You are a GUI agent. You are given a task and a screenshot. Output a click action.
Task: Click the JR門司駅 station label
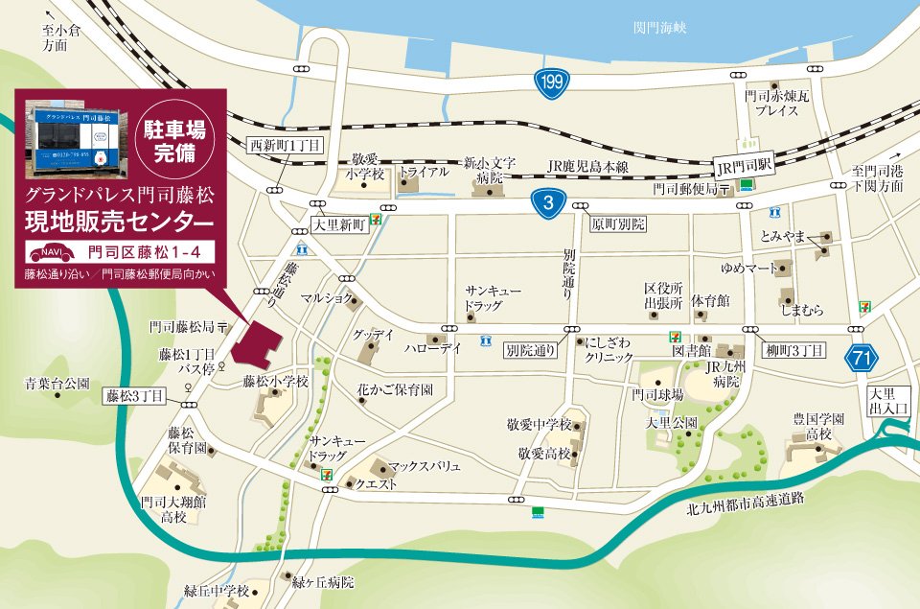(x=743, y=166)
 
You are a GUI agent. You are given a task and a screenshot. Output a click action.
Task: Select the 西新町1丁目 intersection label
(x=285, y=145)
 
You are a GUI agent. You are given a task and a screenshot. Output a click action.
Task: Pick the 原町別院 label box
(x=618, y=223)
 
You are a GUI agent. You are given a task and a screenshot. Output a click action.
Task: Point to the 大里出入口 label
(x=886, y=402)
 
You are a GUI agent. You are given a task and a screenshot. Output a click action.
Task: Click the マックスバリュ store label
(x=425, y=465)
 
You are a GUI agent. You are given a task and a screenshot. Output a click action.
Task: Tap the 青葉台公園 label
(x=57, y=384)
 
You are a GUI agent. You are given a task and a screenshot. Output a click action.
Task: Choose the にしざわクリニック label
(x=609, y=348)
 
